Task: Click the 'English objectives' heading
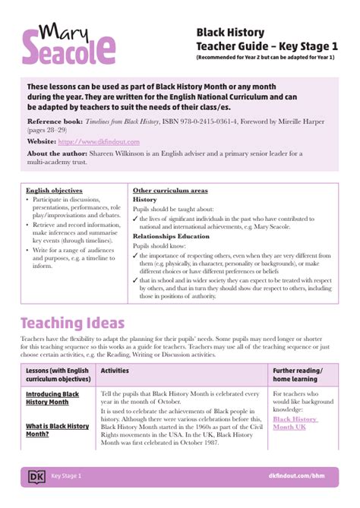54,190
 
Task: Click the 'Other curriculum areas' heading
170,190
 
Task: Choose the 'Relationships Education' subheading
170,236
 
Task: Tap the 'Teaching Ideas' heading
72,323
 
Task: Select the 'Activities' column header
115,371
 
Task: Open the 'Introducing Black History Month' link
52,398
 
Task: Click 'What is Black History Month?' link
57,430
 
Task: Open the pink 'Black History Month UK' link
295,423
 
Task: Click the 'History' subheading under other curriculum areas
144,199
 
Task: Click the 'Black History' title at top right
219,33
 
